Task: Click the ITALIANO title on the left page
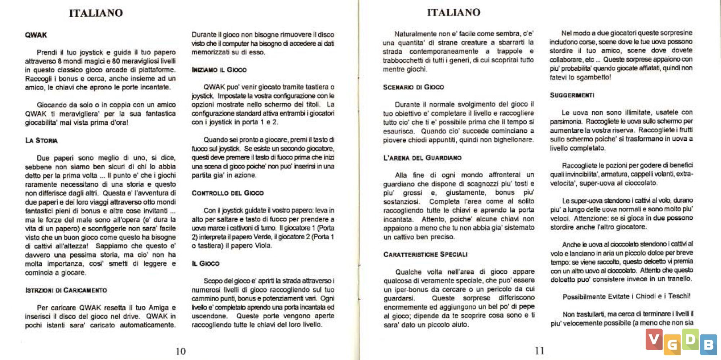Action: click(x=96, y=13)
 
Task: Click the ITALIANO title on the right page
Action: click(x=454, y=13)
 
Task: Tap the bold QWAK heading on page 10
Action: click(x=36, y=35)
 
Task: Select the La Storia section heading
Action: click(x=41, y=140)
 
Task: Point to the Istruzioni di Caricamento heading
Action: click(x=66, y=290)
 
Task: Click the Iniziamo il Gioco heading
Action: click(x=219, y=70)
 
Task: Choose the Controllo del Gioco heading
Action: click(x=227, y=193)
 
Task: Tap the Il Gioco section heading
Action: click(x=205, y=264)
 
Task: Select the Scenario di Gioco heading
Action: click(x=413, y=87)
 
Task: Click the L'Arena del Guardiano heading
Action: click(x=422, y=158)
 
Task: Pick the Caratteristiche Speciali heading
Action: click(x=425, y=255)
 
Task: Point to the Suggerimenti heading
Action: click(x=572, y=95)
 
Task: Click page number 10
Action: click(x=181, y=351)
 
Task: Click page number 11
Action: click(x=540, y=351)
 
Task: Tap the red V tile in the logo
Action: click(x=654, y=339)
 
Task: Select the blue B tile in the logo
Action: click(x=708, y=344)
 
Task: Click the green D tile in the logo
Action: click(x=690, y=339)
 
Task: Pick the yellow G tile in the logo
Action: click(x=672, y=345)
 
